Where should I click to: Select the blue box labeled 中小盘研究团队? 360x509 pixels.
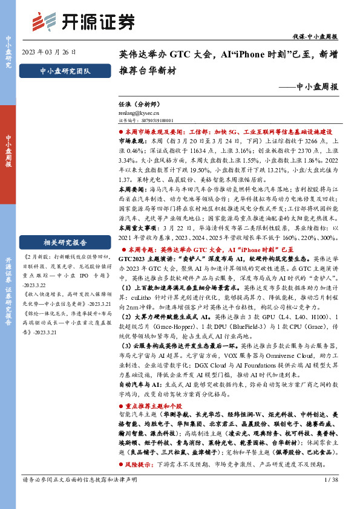coord(64,71)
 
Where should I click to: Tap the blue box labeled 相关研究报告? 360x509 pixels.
coord(65,244)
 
